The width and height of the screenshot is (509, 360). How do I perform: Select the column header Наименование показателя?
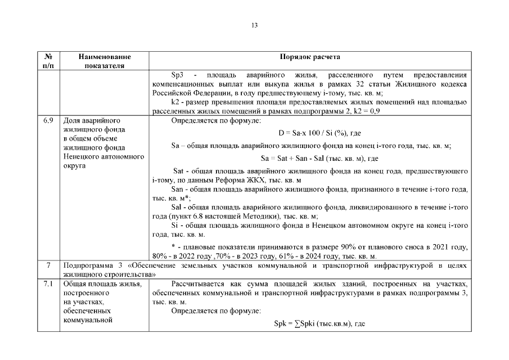(x=105, y=61)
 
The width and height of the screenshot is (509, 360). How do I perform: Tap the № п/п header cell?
(x=48, y=61)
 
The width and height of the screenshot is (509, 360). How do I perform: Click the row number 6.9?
(x=48, y=120)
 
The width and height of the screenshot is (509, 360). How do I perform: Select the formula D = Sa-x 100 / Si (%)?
(x=319, y=133)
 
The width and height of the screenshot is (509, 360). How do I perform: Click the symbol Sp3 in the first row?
(x=178, y=74)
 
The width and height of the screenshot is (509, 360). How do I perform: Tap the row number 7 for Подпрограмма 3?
(x=48, y=264)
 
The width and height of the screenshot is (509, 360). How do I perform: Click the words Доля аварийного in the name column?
(x=87, y=120)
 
